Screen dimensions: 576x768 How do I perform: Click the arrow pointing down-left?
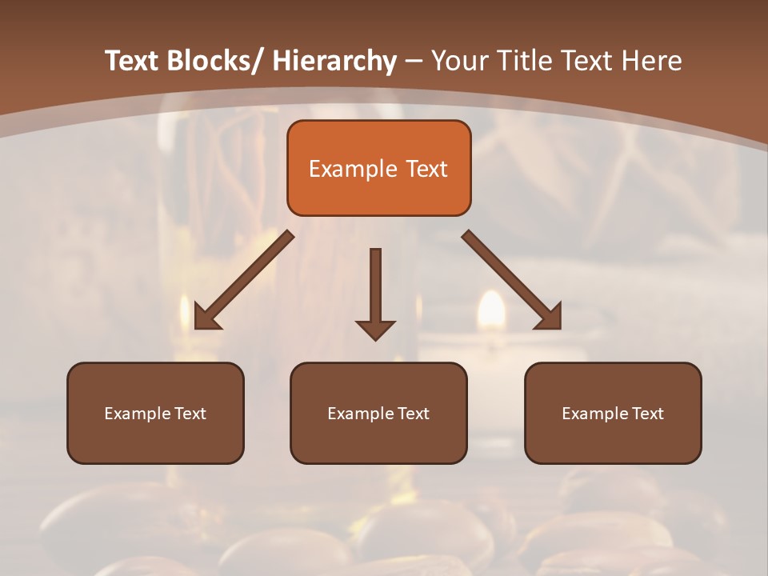coord(244,280)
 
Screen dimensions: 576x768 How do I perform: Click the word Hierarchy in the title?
coord(334,61)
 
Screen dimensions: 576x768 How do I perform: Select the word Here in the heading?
coord(650,61)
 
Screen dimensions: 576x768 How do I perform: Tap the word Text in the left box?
coord(190,414)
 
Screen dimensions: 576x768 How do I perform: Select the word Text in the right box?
coord(648,414)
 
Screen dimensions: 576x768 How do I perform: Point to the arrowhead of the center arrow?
coord(375,330)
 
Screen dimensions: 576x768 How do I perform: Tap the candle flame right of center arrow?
coord(491,310)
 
